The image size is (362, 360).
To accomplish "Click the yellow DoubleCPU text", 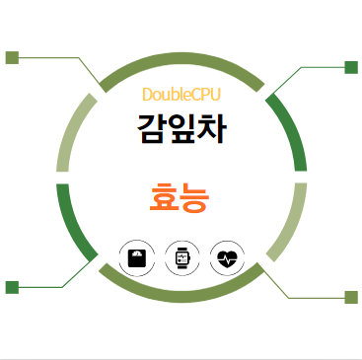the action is (181, 95).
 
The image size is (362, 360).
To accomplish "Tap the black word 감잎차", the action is (181, 128).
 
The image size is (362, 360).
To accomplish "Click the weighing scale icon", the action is (135, 258).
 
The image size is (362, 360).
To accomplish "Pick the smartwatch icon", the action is (181, 258).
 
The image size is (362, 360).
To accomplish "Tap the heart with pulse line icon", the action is (227, 258).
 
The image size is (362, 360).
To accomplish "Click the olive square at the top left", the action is (13, 57).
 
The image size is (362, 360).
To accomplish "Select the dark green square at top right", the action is (350, 67).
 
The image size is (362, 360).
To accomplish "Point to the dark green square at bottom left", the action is (13, 287).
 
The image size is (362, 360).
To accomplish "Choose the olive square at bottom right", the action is (351, 297).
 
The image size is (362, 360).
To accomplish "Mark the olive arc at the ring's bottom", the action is (181, 288).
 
